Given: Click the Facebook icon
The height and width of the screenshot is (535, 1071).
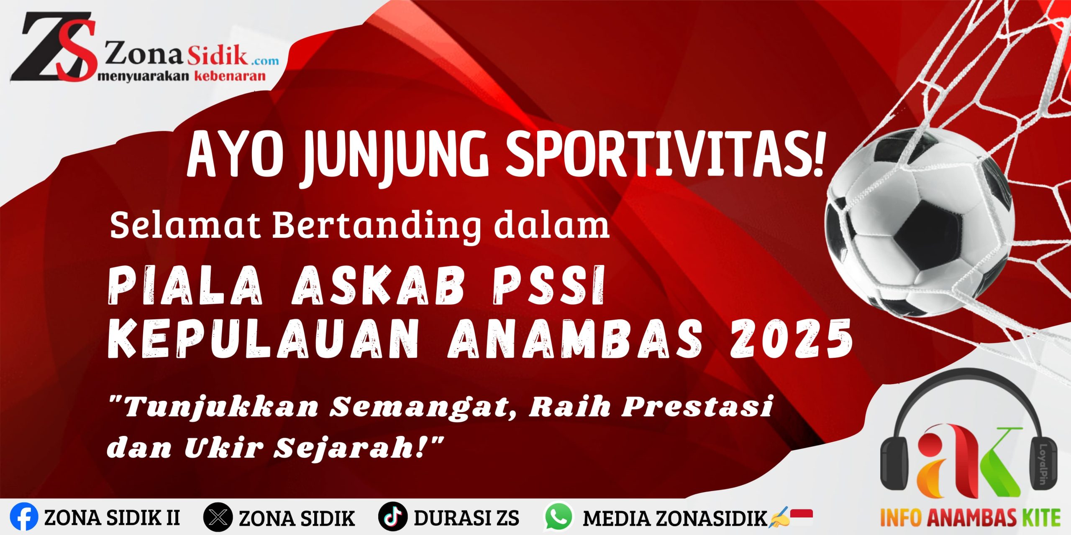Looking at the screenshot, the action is [x=24, y=517].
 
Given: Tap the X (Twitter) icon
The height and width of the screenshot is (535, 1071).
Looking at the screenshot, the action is [x=218, y=517].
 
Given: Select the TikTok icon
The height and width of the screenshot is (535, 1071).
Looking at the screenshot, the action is [x=393, y=517].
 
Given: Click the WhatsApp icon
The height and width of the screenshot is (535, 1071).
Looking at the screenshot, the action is [x=558, y=517].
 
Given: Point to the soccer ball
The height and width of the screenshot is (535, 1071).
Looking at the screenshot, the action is [x=920, y=222].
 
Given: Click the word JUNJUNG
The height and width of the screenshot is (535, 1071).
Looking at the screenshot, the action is [x=395, y=157].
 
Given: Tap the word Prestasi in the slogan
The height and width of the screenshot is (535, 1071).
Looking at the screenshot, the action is [x=697, y=406].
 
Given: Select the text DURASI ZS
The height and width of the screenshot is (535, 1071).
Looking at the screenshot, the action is [x=466, y=518].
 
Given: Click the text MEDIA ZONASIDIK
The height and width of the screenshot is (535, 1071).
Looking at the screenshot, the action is [x=675, y=518].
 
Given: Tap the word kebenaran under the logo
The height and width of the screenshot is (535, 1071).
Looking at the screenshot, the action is [x=230, y=76].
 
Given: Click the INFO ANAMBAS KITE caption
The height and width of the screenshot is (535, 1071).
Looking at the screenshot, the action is [x=970, y=517].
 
